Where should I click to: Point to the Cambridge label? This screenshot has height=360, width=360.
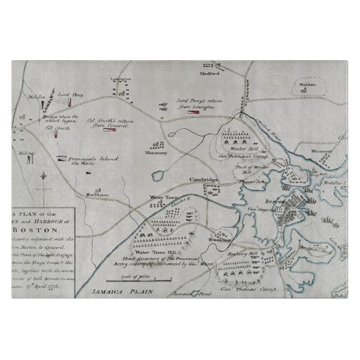tap(202, 179)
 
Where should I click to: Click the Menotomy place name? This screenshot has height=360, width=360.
tap(156, 152)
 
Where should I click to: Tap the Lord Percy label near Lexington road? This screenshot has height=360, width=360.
tap(73, 96)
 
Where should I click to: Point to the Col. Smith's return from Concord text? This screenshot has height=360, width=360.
tap(108, 122)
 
